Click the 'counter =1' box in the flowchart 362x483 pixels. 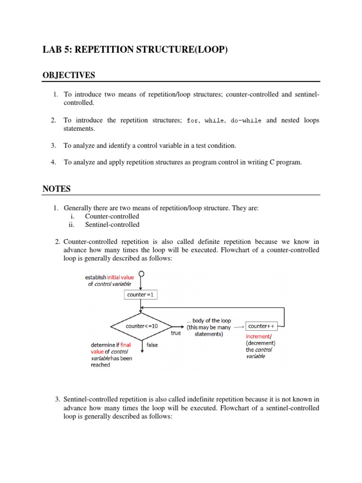140,295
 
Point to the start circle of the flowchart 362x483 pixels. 140,274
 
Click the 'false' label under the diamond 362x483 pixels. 152,345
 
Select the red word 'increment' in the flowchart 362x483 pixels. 257,336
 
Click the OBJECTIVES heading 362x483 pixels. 69,75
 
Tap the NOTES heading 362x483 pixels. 57,189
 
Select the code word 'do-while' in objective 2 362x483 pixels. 246,121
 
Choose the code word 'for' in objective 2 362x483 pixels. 192,121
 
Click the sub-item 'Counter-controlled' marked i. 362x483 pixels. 112,217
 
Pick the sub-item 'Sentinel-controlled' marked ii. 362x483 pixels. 112,225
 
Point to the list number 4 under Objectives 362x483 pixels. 54,162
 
